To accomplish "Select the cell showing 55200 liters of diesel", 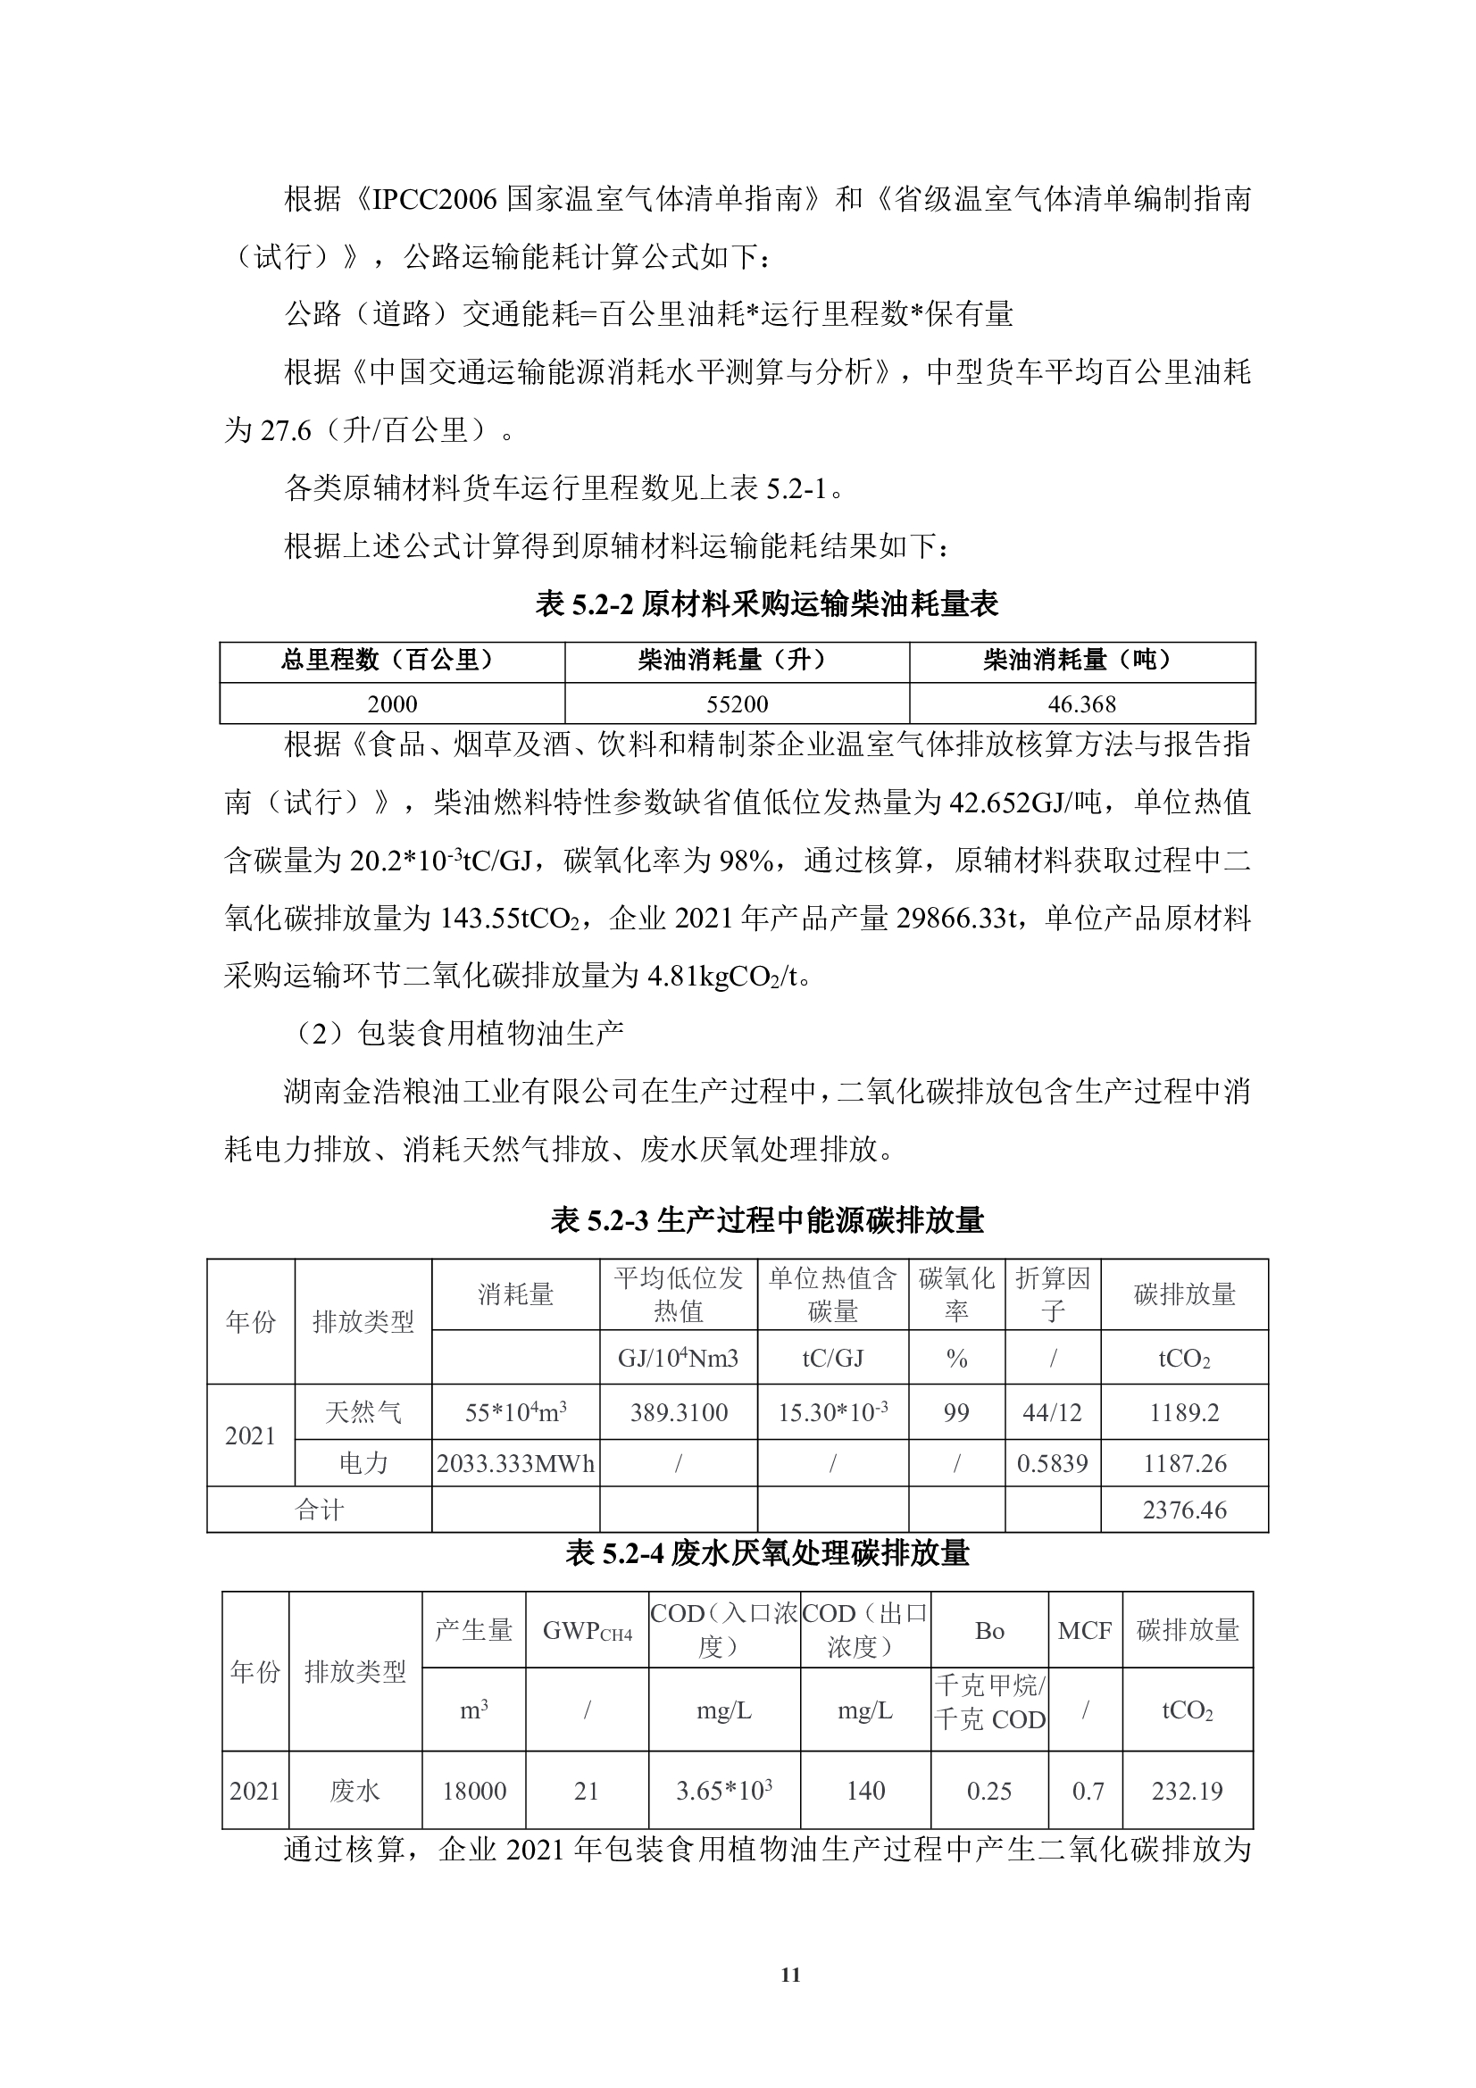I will (x=737, y=703).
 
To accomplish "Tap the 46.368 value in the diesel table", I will (x=1081, y=703).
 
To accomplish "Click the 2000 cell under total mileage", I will (x=392, y=703).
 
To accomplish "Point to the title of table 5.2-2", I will (x=767, y=603).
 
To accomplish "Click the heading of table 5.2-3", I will (x=767, y=1220).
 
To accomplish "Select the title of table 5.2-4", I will (x=767, y=1553).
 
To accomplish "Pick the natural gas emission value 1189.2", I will (x=1183, y=1412).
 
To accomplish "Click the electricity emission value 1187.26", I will (x=1183, y=1463).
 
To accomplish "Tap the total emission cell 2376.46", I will (x=1184, y=1510).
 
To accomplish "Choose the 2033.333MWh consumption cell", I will (x=515, y=1463).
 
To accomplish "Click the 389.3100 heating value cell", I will (x=679, y=1412).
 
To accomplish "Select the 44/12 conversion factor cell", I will (x=1052, y=1412).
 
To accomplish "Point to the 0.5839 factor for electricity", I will (x=1052, y=1463).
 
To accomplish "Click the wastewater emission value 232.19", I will (x=1187, y=1791).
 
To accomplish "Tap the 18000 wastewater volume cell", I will (x=474, y=1791).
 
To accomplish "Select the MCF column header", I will (x=1084, y=1631).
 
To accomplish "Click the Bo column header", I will (x=988, y=1631).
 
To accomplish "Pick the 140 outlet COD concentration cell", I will (x=865, y=1791).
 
